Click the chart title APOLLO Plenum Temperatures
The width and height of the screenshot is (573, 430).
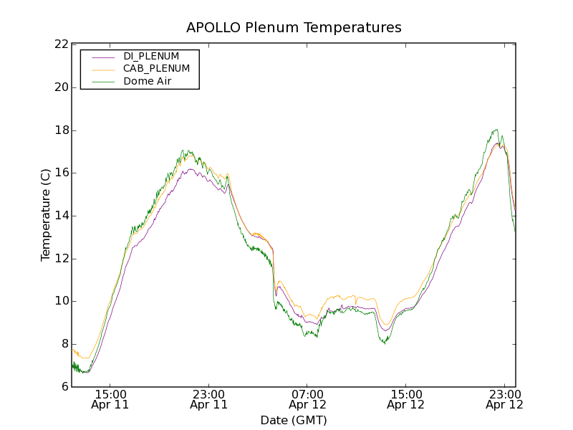click(294, 28)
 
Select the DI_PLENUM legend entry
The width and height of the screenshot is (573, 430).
click(151, 56)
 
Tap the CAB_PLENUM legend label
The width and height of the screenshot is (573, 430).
click(156, 69)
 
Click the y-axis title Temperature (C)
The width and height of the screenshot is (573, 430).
click(46, 215)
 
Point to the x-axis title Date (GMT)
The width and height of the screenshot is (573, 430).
click(294, 420)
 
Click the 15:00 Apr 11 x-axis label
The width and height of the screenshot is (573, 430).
click(110, 399)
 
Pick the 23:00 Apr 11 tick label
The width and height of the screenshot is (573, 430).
click(209, 399)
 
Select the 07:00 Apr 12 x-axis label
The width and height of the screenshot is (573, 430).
click(307, 399)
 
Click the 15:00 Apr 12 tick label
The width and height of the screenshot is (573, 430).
click(406, 399)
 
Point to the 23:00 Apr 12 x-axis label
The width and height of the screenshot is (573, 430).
click(504, 399)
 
